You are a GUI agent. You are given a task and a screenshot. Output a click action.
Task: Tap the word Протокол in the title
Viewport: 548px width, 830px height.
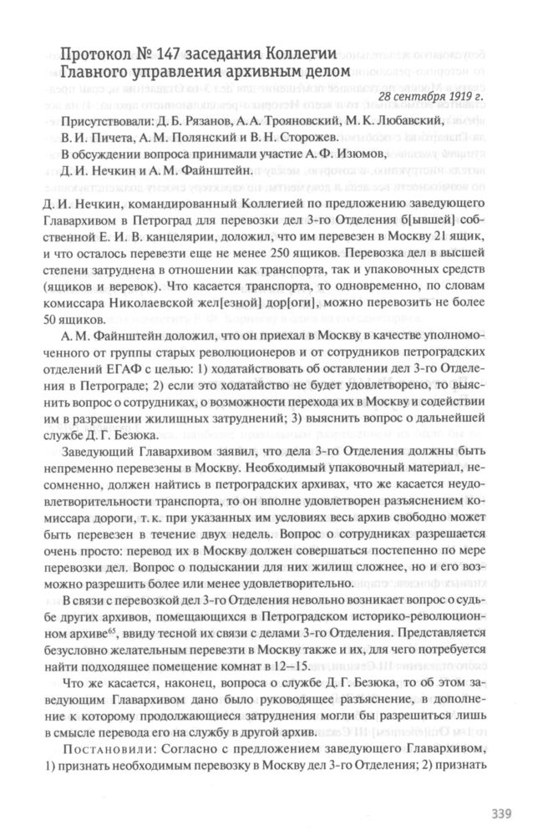pyautogui.click(x=92, y=54)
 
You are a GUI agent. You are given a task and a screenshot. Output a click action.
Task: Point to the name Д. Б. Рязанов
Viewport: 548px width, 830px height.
pyautogui.click(x=199, y=121)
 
